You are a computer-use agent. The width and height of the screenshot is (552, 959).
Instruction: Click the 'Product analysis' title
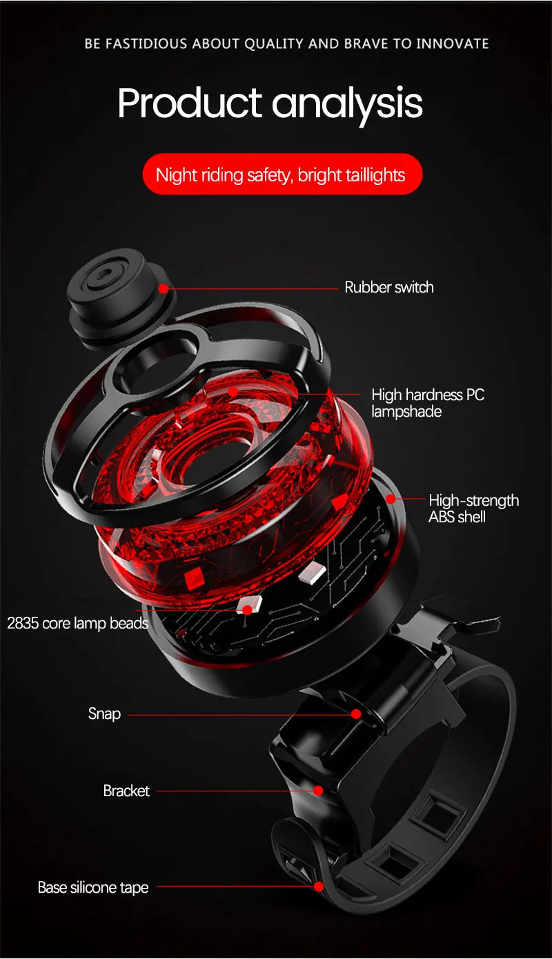click(270, 103)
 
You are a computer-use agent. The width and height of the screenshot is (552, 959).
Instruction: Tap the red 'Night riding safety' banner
click(282, 175)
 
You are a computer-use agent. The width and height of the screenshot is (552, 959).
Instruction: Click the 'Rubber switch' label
click(389, 287)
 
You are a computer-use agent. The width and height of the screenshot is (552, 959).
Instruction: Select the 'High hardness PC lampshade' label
click(428, 403)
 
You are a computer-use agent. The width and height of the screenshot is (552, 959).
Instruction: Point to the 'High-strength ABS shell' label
click(473, 508)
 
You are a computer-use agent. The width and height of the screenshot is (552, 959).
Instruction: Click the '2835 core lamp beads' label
click(77, 624)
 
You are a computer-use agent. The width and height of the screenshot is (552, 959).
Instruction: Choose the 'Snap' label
click(104, 713)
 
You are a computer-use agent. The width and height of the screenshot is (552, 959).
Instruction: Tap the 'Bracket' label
click(126, 791)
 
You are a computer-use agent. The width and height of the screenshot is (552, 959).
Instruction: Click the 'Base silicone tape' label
click(93, 887)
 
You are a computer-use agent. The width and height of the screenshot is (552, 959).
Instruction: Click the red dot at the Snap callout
click(356, 714)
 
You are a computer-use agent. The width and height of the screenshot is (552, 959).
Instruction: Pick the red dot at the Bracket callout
click(318, 791)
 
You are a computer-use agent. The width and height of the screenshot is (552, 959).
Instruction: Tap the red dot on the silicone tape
click(319, 887)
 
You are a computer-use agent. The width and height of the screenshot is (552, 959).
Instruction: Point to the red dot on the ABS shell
click(391, 498)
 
